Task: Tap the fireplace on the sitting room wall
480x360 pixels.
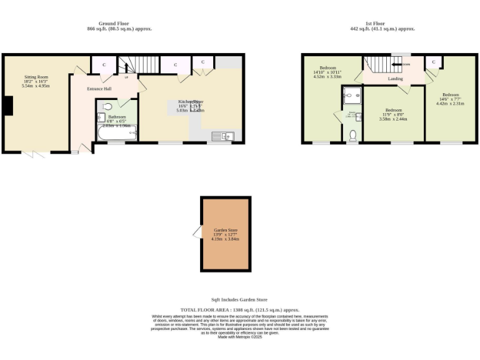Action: [x=7, y=106]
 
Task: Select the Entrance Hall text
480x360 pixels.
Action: [x=99, y=89]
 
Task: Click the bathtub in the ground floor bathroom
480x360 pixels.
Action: [x=117, y=133]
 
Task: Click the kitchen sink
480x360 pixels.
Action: [x=222, y=136]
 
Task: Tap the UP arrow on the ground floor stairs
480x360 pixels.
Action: [x=126, y=77]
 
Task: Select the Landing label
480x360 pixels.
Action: [x=395, y=79]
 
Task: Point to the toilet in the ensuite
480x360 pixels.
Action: [x=352, y=135]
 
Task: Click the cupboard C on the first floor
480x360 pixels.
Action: [x=433, y=61]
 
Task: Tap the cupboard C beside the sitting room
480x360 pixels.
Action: [x=104, y=65]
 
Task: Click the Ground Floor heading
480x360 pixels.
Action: [x=119, y=24]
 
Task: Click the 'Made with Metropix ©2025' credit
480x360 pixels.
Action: [x=239, y=337]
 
